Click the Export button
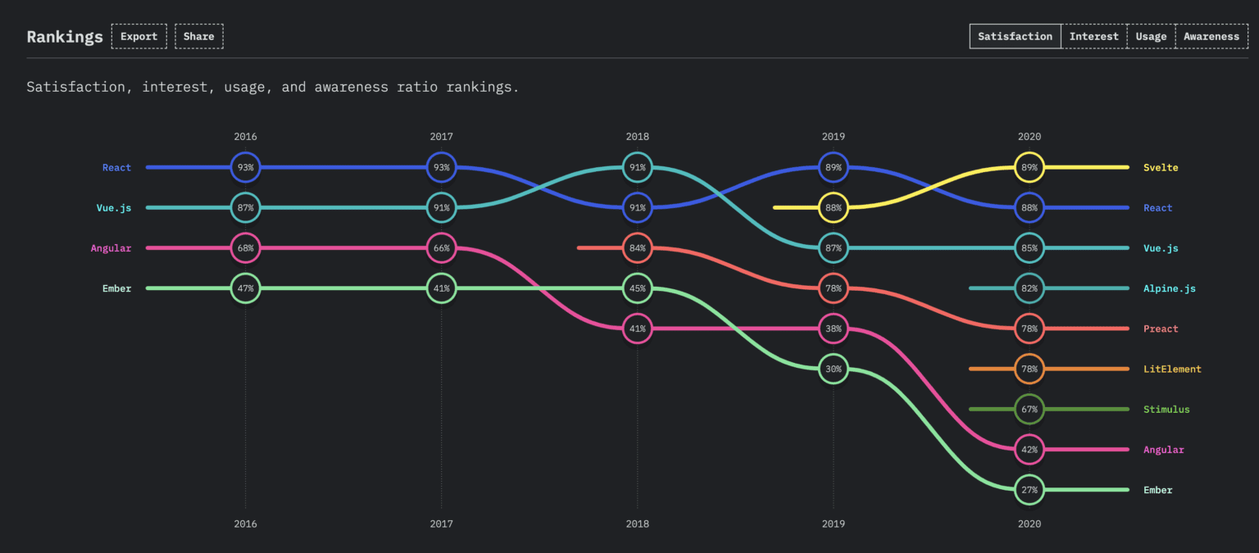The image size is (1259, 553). tap(139, 37)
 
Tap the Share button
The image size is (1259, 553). tap(198, 37)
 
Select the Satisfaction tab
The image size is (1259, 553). tap(1015, 37)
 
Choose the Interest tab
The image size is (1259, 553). tap(1093, 37)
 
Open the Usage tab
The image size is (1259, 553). tap(1151, 37)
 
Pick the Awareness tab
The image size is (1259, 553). tap(1211, 37)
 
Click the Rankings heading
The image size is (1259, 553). tap(65, 37)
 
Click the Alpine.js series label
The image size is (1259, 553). tap(1170, 288)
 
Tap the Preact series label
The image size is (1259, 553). tap(1161, 329)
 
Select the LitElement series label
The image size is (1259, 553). tap(1172, 369)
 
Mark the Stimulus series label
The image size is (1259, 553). tap(1166, 410)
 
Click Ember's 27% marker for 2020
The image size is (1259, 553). tap(1029, 490)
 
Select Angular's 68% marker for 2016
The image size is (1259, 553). tap(245, 248)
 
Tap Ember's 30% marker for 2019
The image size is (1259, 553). tap(834, 369)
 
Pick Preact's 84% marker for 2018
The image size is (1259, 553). tap(638, 248)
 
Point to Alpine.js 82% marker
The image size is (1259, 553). tap(1029, 288)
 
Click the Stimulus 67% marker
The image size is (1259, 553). tap(1029, 410)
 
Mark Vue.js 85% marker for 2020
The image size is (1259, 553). tap(1029, 248)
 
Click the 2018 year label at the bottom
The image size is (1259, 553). tap(638, 524)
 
